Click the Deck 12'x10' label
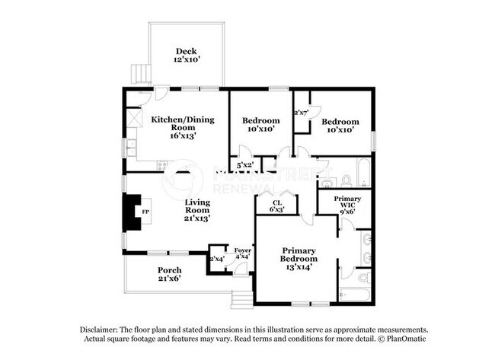tap(186, 56)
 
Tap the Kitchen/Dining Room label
tap(174, 127)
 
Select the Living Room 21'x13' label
tap(197, 210)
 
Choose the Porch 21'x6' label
tap(169, 275)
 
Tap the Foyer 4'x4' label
tap(242, 253)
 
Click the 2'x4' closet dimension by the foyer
tap(217, 259)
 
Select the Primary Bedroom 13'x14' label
tap(298, 258)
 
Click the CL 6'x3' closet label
tap(278, 205)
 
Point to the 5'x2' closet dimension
tap(244, 164)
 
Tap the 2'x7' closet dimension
tap(301, 113)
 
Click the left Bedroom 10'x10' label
tap(260, 125)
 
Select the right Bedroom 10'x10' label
tap(340, 126)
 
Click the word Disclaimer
tap(102, 329)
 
